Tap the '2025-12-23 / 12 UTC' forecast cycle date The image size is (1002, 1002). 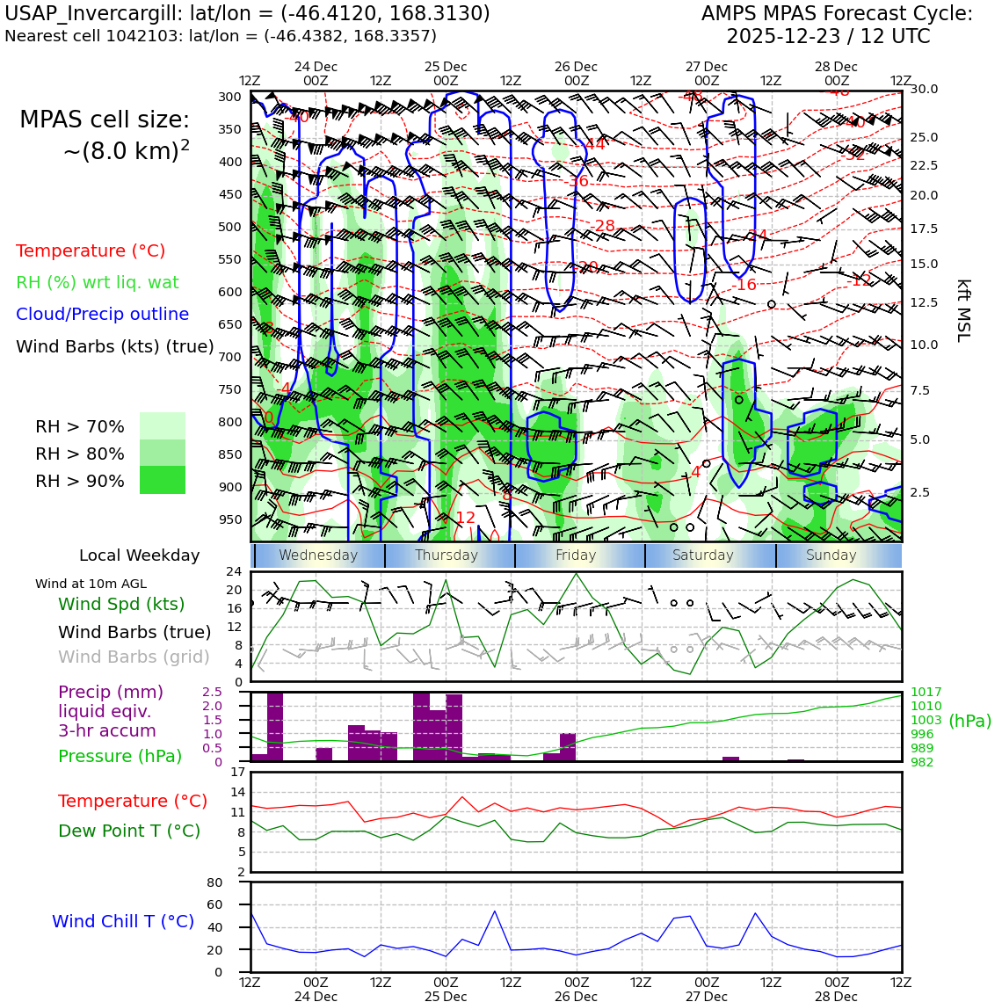(827, 37)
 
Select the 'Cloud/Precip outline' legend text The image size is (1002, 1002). (102, 314)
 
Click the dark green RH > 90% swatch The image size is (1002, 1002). (163, 480)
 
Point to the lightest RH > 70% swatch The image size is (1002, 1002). (163, 425)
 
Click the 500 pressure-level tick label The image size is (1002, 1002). (230, 227)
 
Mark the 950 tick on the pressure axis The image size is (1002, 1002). (230, 519)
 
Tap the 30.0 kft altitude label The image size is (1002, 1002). (924, 89)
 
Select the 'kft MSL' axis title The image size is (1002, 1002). (963, 310)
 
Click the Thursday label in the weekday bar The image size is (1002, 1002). (447, 555)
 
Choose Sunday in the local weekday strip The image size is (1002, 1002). (831, 555)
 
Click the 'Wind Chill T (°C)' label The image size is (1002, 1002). (123, 921)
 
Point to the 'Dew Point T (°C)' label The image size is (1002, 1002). (129, 831)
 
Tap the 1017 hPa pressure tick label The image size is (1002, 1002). (926, 693)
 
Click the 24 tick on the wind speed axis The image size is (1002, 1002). (234, 572)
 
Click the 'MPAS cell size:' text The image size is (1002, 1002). (105, 120)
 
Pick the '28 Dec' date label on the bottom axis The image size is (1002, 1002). (836, 996)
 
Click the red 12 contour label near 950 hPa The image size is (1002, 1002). (465, 518)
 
